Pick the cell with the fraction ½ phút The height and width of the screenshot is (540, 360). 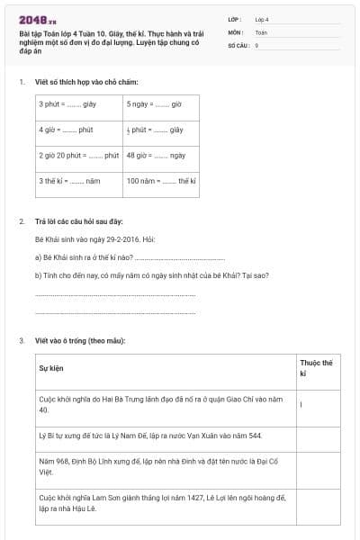coord(155,130)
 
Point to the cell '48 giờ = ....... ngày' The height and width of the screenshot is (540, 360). coord(155,155)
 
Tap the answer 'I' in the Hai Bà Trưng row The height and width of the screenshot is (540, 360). coord(301,404)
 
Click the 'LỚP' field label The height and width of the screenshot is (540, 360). coord(235,18)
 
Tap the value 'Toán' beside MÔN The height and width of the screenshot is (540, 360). coord(261,31)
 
